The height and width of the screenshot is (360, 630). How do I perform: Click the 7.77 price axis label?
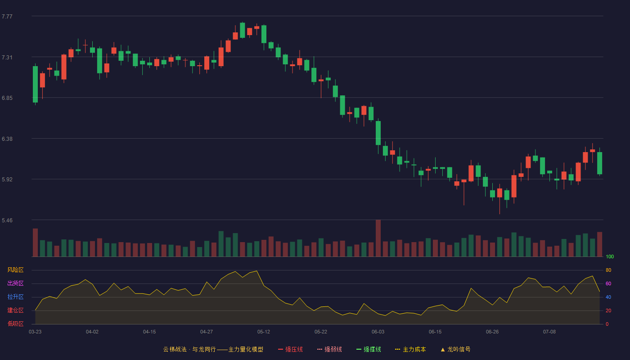click(7, 16)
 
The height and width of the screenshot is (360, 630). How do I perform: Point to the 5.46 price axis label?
click(7, 220)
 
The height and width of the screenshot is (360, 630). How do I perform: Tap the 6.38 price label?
click(7, 139)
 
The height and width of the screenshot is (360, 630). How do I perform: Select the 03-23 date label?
click(35, 332)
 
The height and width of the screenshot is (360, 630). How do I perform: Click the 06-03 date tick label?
click(378, 332)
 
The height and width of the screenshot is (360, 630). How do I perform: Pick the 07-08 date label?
click(549, 332)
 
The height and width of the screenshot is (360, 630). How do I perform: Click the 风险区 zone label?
click(15, 270)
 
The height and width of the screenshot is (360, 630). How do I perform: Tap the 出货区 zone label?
click(15, 283)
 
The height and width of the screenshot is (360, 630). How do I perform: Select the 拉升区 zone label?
click(15, 297)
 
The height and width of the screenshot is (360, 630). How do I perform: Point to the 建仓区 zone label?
click(15, 310)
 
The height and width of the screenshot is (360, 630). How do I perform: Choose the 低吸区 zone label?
click(15, 324)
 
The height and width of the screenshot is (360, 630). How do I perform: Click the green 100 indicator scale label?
click(610, 256)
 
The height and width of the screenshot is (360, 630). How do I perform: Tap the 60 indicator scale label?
click(608, 283)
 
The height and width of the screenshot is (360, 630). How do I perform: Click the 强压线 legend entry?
click(290, 349)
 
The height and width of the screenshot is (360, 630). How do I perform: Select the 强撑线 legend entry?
click(369, 349)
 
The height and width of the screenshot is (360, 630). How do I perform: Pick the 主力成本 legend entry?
click(410, 349)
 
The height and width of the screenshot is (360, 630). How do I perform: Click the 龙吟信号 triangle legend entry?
click(455, 349)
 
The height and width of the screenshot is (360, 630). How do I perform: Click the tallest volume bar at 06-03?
click(378, 238)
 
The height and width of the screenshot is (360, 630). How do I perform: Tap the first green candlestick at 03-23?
click(35, 85)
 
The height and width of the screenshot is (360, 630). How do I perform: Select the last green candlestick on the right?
click(599, 163)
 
